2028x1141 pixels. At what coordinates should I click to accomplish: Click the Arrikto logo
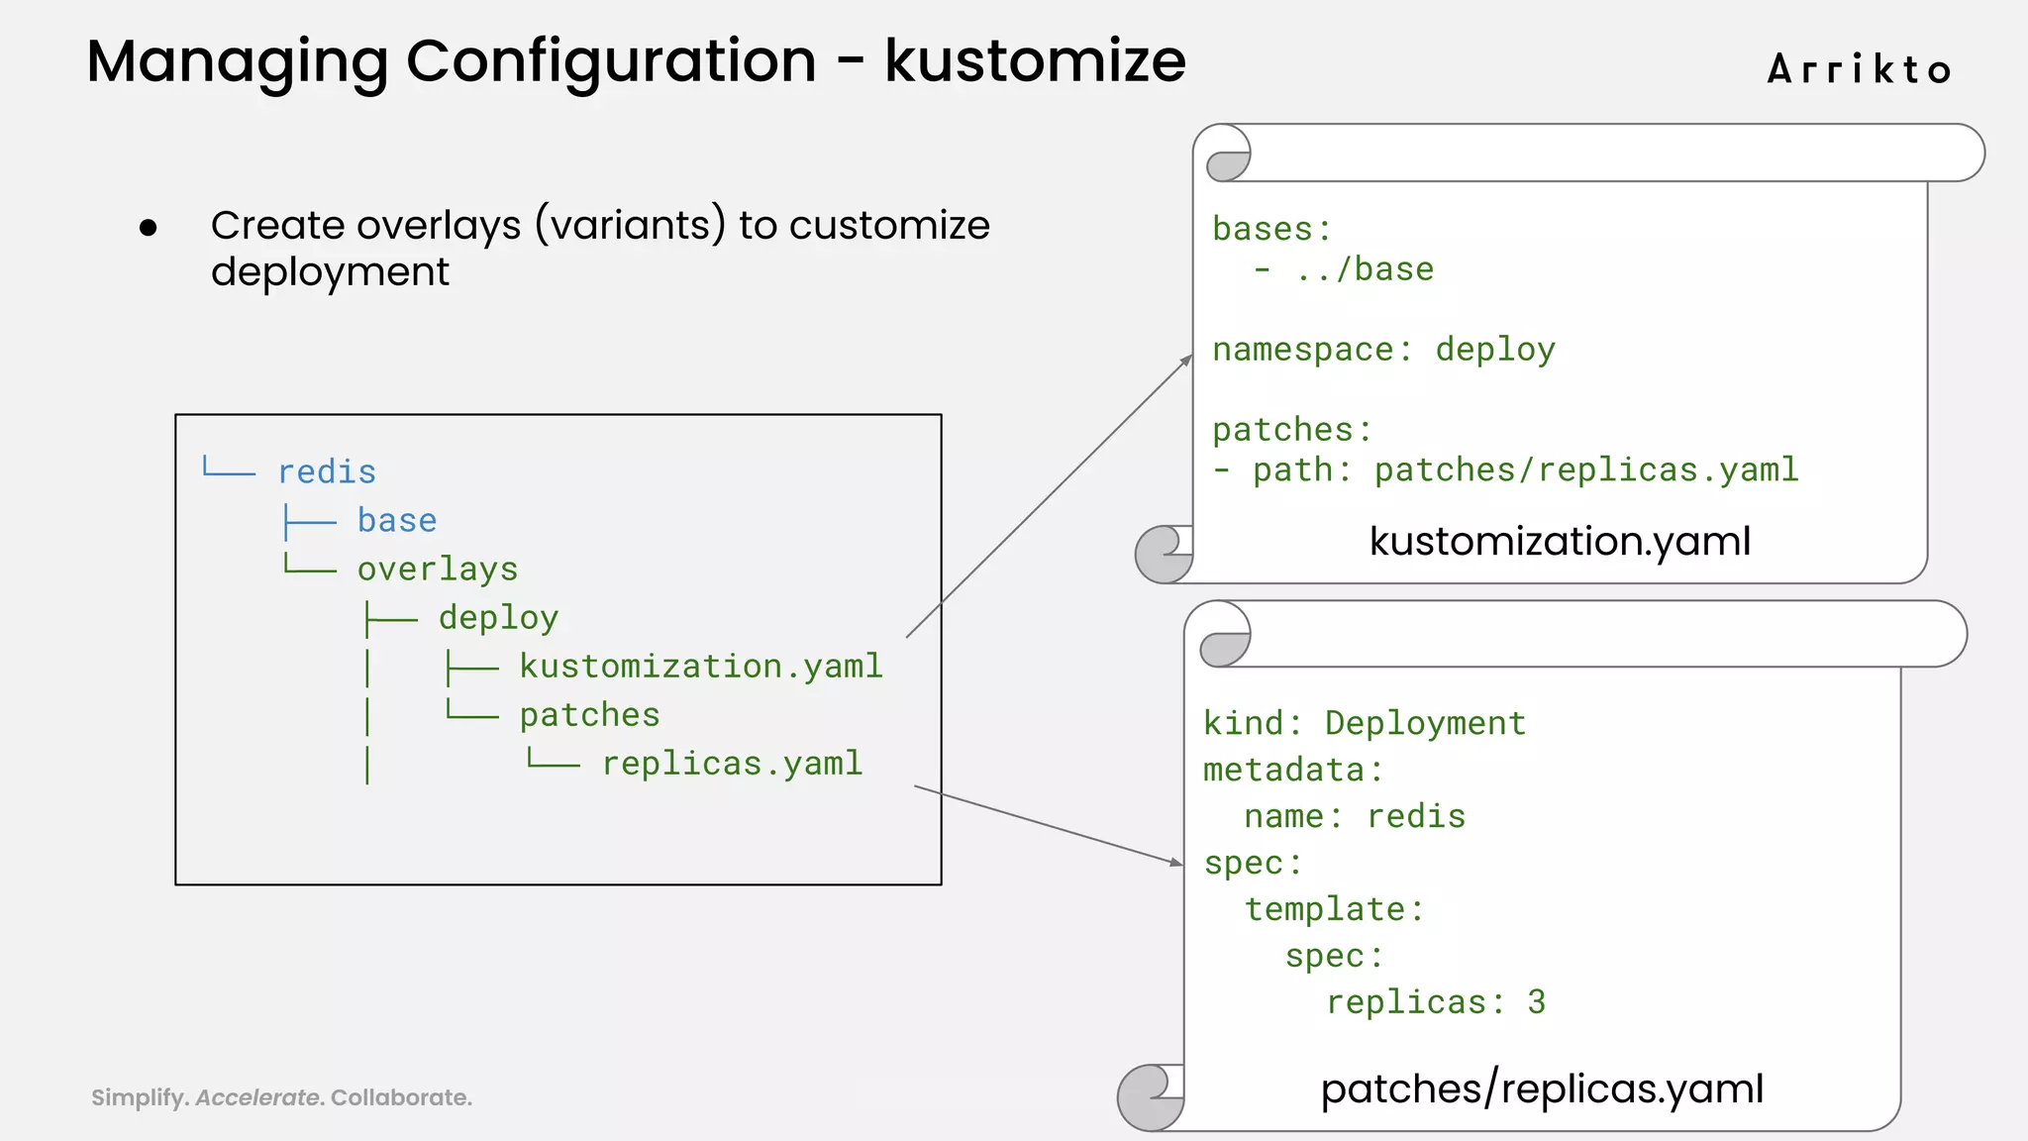click(x=1859, y=69)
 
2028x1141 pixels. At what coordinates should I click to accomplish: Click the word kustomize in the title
click(x=1035, y=60)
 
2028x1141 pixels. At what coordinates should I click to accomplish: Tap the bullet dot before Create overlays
click(x=149, y=229)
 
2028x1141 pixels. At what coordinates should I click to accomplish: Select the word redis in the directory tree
click(x=327, y=472)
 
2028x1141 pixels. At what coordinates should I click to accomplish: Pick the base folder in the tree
click(x=397, y=521)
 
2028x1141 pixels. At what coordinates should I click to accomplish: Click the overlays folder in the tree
click(x=438, y=570)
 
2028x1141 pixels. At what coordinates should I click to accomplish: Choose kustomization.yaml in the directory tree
click(x=701, y=667)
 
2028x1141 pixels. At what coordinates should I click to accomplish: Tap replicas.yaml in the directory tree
click(x=732, y=764)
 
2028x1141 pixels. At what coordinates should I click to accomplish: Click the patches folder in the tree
click(x=589, y=715)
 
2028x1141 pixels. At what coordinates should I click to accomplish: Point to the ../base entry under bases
click(x=1365, y=269)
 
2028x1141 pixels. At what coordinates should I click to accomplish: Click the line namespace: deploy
click(x=1383, y=350)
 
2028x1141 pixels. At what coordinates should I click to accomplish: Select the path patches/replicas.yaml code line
click(x=1525, y=469)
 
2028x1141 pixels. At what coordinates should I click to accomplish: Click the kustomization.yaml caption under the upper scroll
click(x=1560, y=541)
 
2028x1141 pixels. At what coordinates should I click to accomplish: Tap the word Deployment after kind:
click(x=1425, y=723)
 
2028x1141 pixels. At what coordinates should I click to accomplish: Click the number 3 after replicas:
click(x=1536, y=1002)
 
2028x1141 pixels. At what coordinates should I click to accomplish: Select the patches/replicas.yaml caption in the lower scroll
click(x=1542, y=1089)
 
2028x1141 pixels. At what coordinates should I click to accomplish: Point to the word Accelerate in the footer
click(x=258, y=1097)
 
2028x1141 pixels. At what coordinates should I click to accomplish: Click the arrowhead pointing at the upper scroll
click(x=1187, y=360)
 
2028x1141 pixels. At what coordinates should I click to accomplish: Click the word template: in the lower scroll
click(x=1334, y=909)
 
